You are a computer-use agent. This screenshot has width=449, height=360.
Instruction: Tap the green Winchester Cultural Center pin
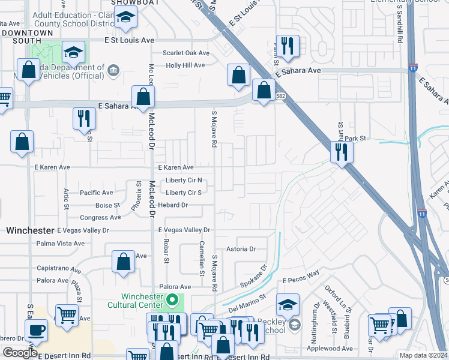[x=173, y=298]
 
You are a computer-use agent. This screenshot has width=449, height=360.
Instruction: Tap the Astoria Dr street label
[x=241, y=249]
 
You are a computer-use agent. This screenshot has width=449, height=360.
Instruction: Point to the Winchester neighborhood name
[x=30, y=230]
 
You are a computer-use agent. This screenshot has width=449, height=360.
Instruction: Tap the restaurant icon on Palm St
[x=288, y=47]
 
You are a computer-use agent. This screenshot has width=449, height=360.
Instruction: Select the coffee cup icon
[x=36, y=329]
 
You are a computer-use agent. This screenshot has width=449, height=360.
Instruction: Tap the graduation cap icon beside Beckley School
[x=288, y=304]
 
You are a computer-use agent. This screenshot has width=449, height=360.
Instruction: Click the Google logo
[x=20, y=353]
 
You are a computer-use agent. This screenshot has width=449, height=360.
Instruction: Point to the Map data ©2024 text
[x=423, y=355]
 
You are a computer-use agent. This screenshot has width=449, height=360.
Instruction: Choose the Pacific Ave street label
[x=96, y=193]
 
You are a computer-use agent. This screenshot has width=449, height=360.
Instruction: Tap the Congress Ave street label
[x=96, y=218]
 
